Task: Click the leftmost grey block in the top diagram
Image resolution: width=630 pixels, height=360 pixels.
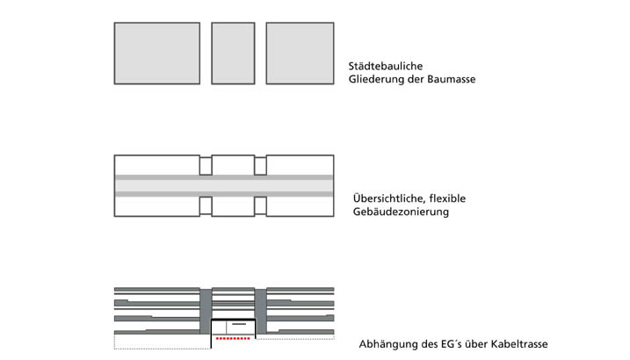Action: click(x=157, y=53)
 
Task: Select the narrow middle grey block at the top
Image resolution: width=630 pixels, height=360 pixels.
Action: click(x=233, y=53)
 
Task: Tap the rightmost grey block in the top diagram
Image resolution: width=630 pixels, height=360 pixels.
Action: click(x=300, y=53)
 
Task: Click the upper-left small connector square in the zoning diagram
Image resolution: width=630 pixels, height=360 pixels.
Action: click(x=206, y=165)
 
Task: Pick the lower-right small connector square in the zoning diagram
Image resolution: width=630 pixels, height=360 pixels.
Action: click(x=260, y=205)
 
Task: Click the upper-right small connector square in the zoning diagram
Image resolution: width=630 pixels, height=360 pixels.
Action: click(x=260, y=165)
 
